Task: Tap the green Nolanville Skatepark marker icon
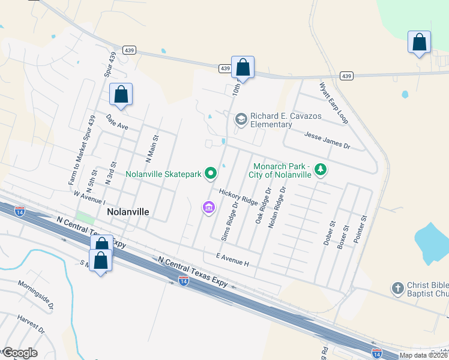click(211, 174)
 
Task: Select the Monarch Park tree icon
click(321, 170)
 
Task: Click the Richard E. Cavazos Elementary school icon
click(241, 119)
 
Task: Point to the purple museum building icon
click(208, 208)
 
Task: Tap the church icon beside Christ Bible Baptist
click(397, 289)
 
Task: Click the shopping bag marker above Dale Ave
click(121, 95)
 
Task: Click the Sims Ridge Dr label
click(230, 220)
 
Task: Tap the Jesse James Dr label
click(327, 141)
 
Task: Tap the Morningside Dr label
click(35, 294)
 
